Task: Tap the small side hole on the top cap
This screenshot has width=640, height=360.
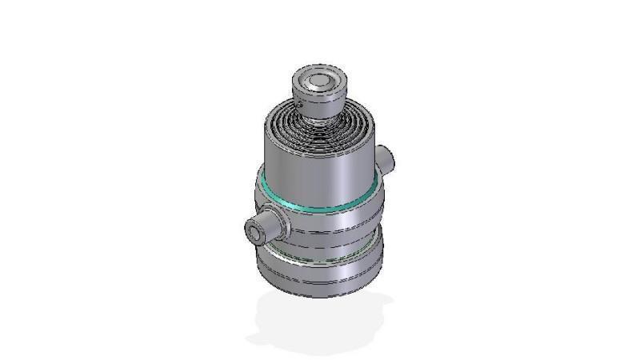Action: point(298,102)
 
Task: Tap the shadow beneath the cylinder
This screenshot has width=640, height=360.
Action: point(320,324)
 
